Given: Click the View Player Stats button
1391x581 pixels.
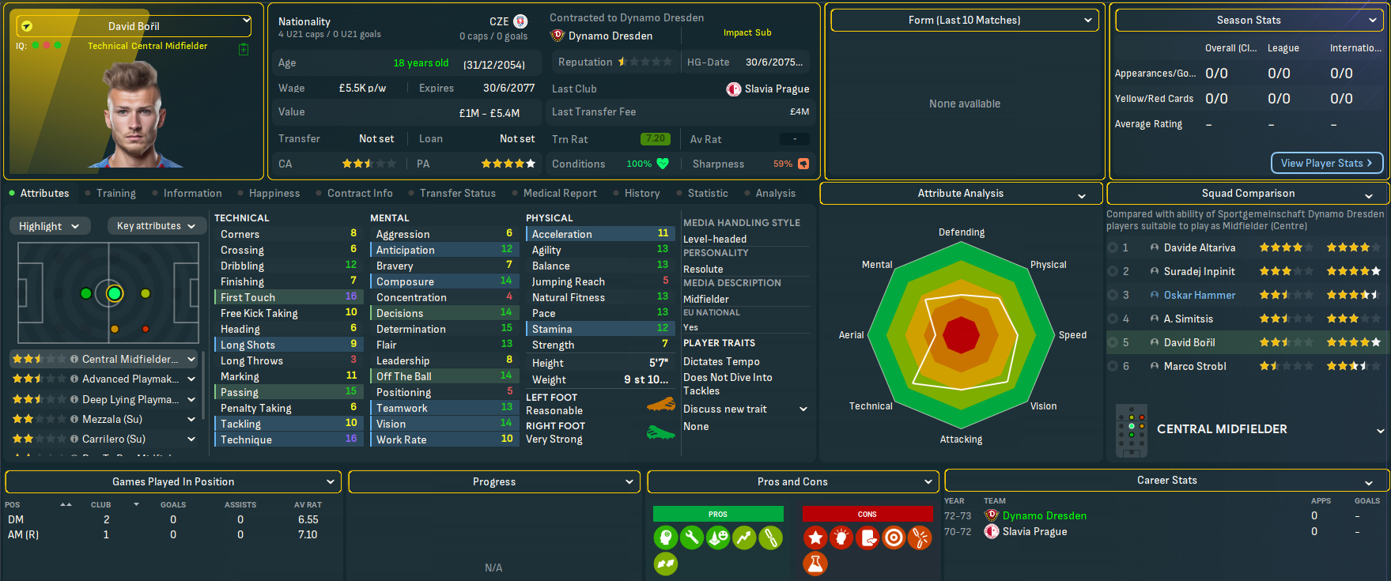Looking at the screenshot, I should pyautogui.click(x=1326, y=163).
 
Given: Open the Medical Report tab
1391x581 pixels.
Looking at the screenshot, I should pyautogui.click(x=560, y=193).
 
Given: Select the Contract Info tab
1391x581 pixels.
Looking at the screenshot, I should pyautogui.click(x=360, y=193).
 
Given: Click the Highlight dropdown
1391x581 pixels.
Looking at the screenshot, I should pyautogui.click(x=49, y=226).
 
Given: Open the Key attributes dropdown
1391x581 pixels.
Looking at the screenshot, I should pyautogui.click(x=156, y=226).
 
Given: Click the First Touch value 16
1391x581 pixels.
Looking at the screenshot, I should pyautogui.click(x=351, y=296).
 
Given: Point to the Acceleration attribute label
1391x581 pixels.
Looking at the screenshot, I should pyautogui.click(x=561, y=234).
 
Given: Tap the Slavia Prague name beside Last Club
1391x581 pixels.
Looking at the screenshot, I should pyautogui.click(x=777, y=89).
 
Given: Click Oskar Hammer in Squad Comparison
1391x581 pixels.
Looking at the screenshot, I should pyautogui.click(x=1199, y=295).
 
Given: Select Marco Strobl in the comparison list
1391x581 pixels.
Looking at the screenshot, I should pyautogui.click(x=1195, y=366).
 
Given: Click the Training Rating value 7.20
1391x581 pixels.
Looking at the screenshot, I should pyautogui.click(x=655, y=139).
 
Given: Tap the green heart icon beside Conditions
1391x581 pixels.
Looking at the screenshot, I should pyautogui.click(x=663, y=164).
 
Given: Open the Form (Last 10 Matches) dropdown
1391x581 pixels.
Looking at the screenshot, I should pyautogui.click(x=965, y=21).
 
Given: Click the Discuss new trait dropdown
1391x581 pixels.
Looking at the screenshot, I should pyautogui.click(x=745, y=409).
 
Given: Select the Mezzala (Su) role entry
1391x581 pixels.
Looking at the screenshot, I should pyautogui.click(x=112, y=419).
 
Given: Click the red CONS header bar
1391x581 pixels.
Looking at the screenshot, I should pyautogui.click(x=867, y=514).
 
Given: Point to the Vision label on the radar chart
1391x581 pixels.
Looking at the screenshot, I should pyautogui.click(x=1043, y=406).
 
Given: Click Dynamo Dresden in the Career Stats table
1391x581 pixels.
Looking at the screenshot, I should pyautogui.click(x=1044, y=515).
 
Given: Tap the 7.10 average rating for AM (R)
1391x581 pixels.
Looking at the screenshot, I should pyautogui.click(x=308, y=534).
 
